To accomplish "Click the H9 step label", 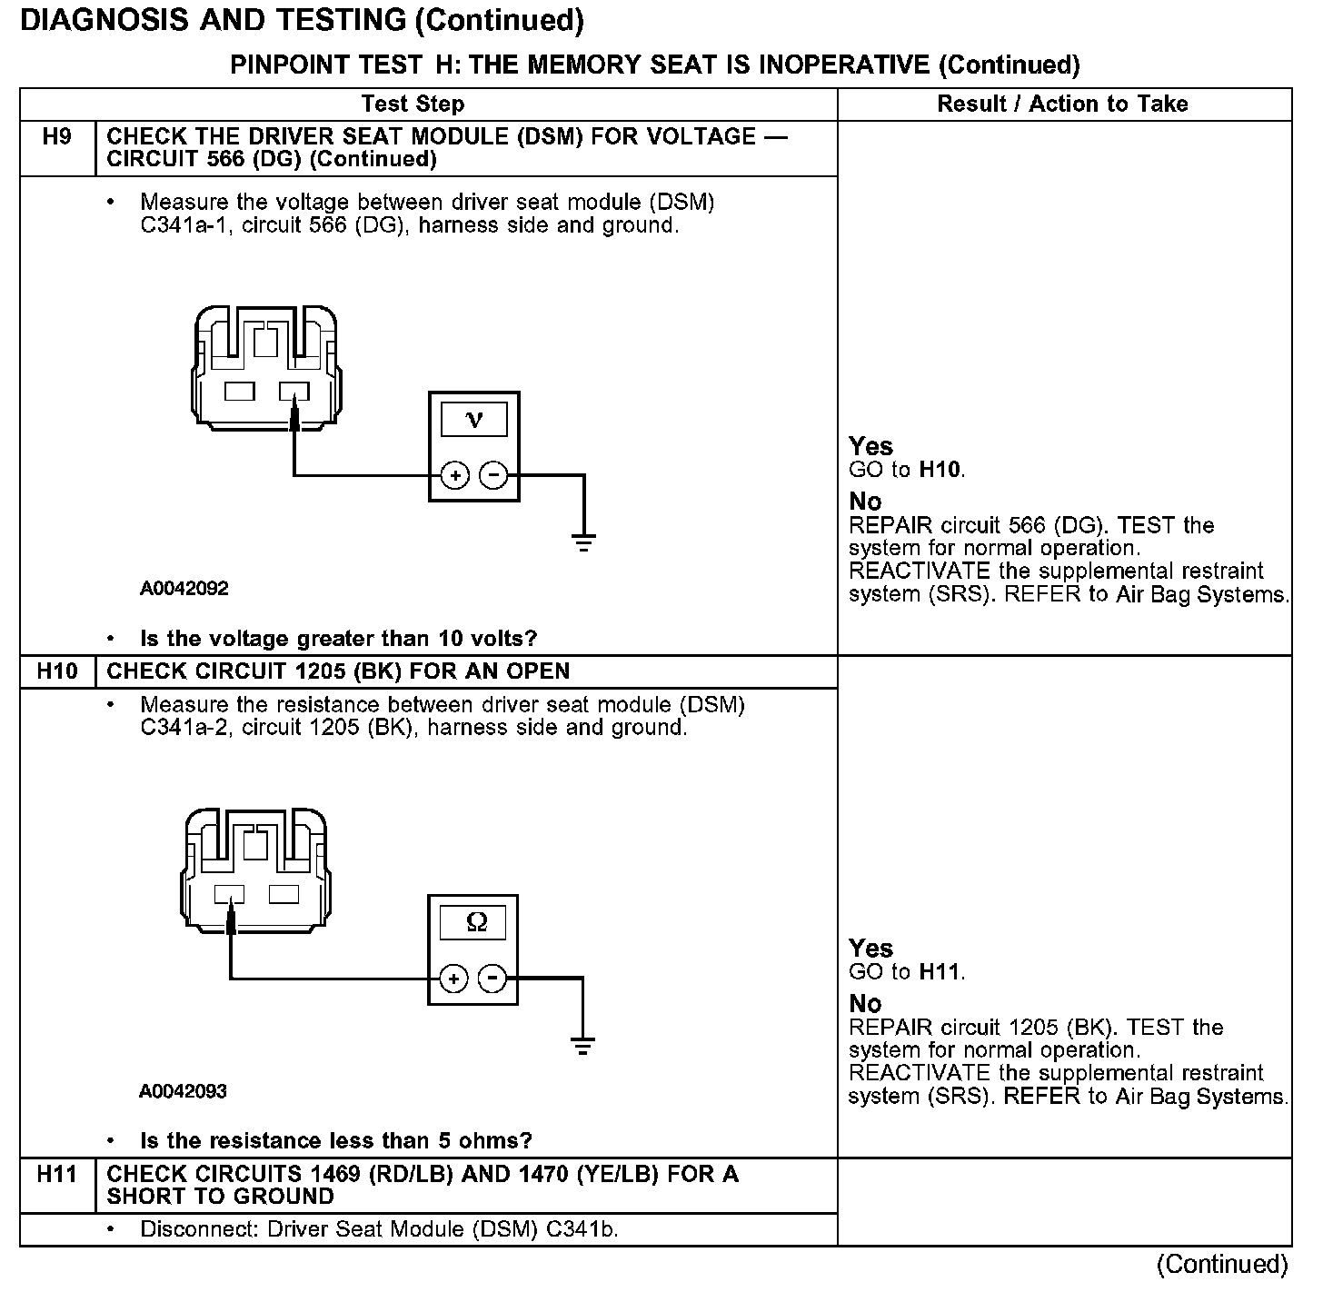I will click(x=56, y=137).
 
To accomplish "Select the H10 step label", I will click(x=56, y=671).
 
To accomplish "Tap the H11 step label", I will click(x=56, y=1174).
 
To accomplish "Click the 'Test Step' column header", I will click(x=413, y=104).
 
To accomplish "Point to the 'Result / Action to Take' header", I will click(x=1062, y=104).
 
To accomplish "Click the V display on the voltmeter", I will click(x=473, y=420).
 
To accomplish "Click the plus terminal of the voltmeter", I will click(x=454, y=474).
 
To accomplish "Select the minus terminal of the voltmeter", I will click(x=493, y=474).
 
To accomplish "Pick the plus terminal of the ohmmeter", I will click(x=453, y=979).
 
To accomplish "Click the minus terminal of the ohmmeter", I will click(x=492, y=979).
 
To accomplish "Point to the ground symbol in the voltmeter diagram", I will click(x=583, y=542).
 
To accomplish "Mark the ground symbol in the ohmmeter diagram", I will click(x=582, y=1045).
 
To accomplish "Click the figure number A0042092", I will click(x=184, y=588).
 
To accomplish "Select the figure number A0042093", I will click(x=183, y=1090).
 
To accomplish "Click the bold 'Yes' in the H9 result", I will click(x=870, y=446).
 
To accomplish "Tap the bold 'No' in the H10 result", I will click(x=865, y=1003).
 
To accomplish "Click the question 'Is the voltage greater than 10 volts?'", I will click(x=338, y=638).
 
